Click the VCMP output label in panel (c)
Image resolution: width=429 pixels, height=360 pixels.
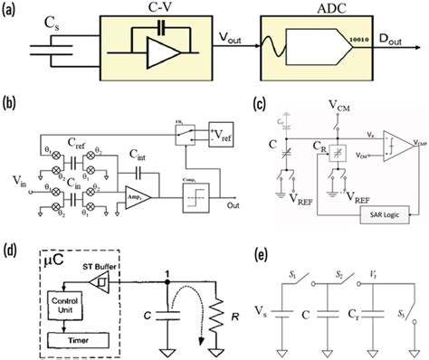(x=405, y=142)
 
